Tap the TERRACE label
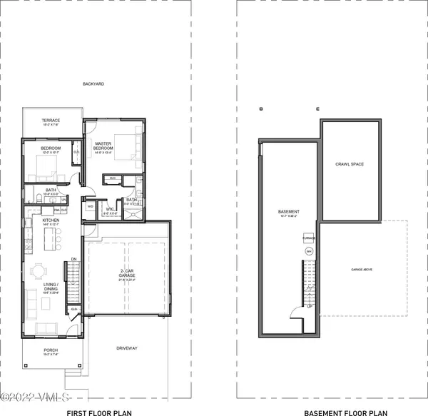tap(50, 121)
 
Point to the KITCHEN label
tap(49, 221)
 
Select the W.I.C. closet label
tap(109, 209)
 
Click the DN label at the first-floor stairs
tap(73, 260)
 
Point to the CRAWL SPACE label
tap(350, 164)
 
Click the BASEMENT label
tap(288, 212)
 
